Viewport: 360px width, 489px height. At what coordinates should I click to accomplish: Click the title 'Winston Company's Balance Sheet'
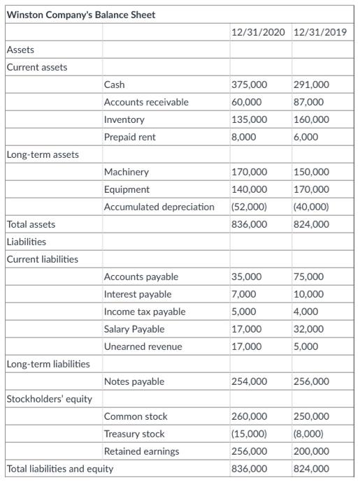pos(81,15)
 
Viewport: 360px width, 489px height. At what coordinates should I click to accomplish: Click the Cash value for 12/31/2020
pos(249,85)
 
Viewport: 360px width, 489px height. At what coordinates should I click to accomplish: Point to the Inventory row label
pos(124,119)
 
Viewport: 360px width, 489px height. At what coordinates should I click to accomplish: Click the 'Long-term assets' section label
pos(43,154)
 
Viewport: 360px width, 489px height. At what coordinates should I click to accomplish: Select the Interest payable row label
pos(138,294)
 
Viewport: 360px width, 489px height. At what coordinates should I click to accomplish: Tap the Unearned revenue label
pos(143,346)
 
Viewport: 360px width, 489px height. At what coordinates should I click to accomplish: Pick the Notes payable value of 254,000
pos(249,381)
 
